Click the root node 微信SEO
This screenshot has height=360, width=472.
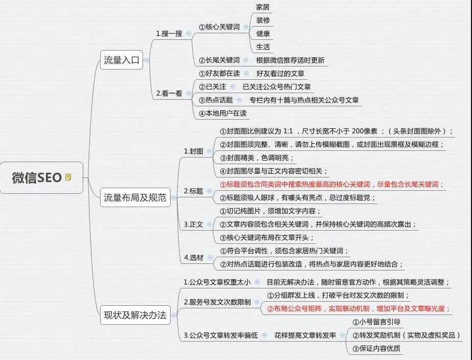(41, 177)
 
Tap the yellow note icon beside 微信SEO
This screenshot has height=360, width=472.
(68, 177)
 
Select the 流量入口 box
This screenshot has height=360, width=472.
(121, 60)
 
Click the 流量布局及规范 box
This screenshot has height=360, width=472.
(135, 197)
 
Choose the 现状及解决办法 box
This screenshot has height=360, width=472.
(135, 315)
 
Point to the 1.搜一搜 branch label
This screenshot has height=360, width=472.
(169, 33)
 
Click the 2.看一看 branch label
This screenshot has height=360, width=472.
(169, 94)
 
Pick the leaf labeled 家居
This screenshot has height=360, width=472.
(263, 7)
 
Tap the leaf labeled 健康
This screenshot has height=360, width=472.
(263, 33)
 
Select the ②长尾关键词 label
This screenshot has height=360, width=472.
(219, 60)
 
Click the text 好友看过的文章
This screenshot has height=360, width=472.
(280, 74)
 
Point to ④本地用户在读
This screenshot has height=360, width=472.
(223, 114)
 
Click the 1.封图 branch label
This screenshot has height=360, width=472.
(193, 151)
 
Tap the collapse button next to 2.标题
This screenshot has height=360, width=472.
(209, 191)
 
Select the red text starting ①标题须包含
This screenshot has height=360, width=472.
(332, 185)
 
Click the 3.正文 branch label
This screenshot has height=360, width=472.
(193, 224)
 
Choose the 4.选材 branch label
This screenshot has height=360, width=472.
(193, 258)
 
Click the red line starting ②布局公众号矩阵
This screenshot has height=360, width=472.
(359, 308)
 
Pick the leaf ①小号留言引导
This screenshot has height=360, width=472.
(376, 322)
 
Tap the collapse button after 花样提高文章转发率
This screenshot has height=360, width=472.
(343, 335)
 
